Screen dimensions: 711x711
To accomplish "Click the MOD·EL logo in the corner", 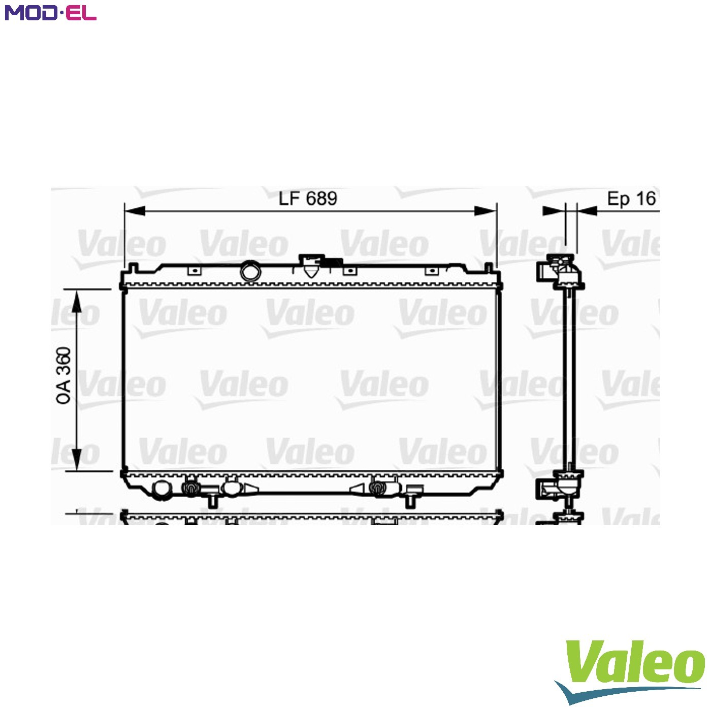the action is (51, 13).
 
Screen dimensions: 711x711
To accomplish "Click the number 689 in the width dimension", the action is (321, 199).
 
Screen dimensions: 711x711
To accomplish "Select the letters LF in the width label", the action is (289, 199).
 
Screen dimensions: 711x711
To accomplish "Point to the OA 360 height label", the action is (63, 376).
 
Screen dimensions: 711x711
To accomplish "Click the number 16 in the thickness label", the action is (646, 199).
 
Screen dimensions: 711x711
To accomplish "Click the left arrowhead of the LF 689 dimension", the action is (135, 211).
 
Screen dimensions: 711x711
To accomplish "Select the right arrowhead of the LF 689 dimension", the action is (485, 211).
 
